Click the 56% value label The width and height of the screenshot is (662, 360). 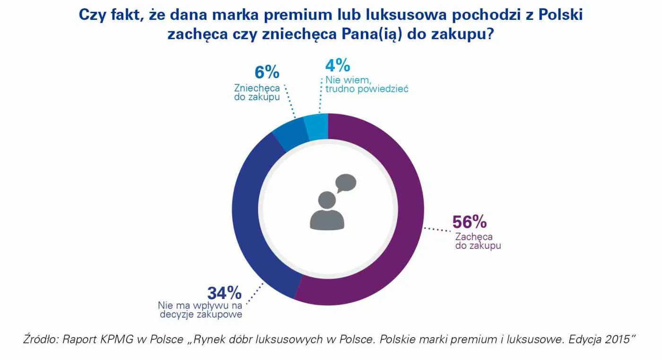point(470,222)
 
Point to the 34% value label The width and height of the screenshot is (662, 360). point(224,293)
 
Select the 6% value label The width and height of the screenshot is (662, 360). point(267,72)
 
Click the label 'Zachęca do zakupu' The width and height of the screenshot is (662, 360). point(478,241)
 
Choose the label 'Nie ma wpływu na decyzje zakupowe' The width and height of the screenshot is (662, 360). point(200,310)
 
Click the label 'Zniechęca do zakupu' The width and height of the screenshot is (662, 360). point(257,93)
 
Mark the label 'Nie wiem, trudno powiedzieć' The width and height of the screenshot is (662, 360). point(366,84)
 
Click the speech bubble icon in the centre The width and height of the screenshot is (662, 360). point(345,183)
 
